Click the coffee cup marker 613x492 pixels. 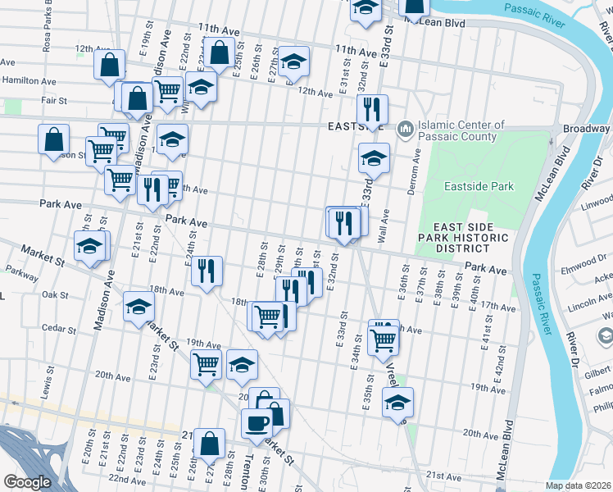pyautogui.click(x=256, y=423)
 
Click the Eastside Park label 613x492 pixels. pyautogui.click(x=479, y=186)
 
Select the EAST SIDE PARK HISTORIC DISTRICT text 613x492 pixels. pyautogui.click(x=470, y=238)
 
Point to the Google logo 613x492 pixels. pyautogui.click(x=26, y=482)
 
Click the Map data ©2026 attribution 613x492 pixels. pyautogui.click(x=578, y=485)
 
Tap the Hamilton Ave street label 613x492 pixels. pyautogui.click(x=29, y=81)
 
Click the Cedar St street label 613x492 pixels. pyautogui.click(x=59, y=330)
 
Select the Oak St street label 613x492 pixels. pyautogui.click(x=54, y=294)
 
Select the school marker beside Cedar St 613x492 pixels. pyautogui.click(x=138, y=308)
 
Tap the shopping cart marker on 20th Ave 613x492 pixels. pyautogui.click(x=205, y=363)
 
